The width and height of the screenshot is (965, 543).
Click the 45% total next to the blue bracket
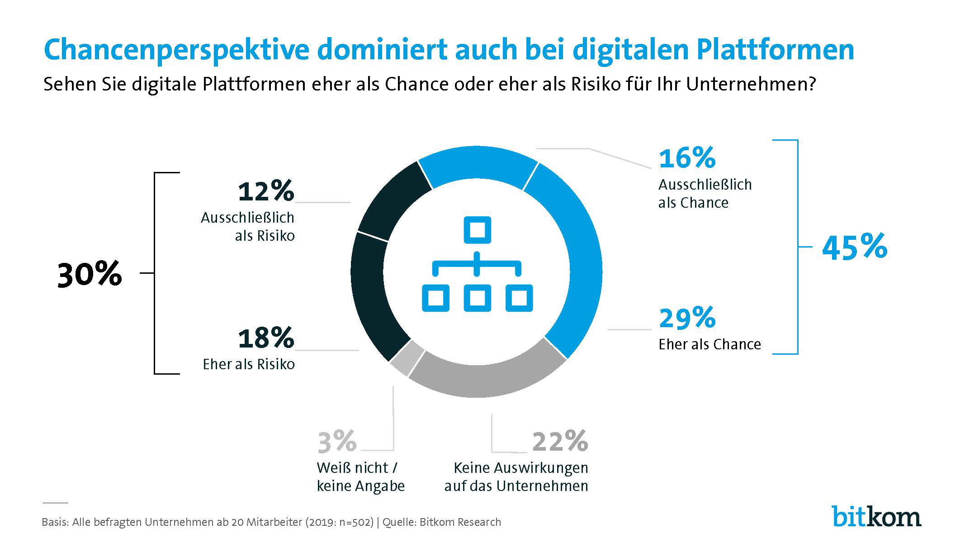tap(854, 248)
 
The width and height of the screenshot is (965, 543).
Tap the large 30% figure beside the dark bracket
tap(90, 274)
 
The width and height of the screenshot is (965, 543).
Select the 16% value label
tap(687, 158)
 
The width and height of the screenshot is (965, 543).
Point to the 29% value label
tap(687, 318)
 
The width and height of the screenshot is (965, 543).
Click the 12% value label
tap(266, 191)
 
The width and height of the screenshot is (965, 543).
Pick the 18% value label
tap(266, 338)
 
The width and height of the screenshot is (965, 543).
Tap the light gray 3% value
tap(337, 442)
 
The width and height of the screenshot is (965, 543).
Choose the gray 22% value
tap(560, 442)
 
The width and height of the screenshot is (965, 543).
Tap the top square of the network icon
tap(477, 230)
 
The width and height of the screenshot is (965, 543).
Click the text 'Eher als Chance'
tap(710, 345)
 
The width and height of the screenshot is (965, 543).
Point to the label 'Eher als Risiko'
tap(249, 365)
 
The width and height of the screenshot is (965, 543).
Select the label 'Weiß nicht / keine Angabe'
tap(360, 477)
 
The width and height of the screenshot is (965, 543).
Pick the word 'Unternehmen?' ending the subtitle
tap(751, 85)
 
